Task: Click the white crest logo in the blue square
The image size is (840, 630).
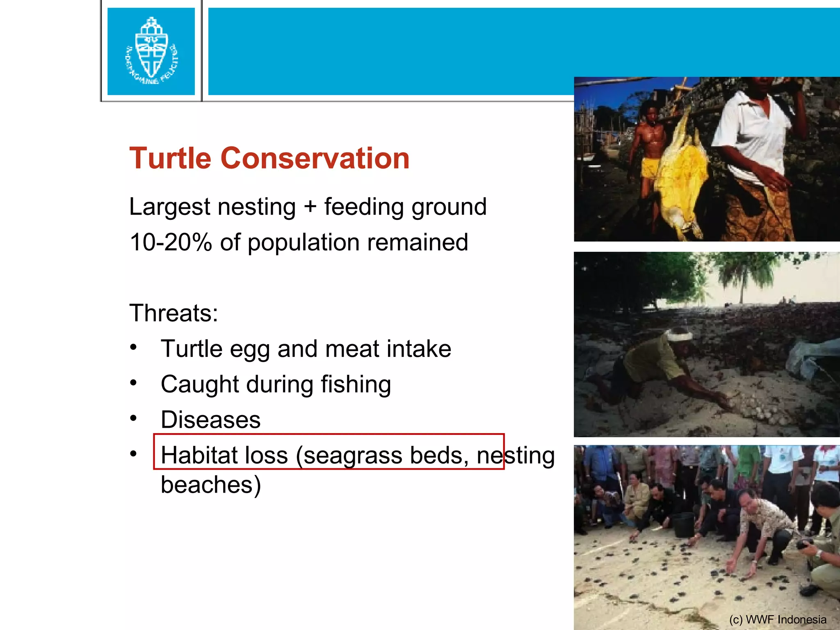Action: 151,51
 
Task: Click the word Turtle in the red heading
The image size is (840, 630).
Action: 170,158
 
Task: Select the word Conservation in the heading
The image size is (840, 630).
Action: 315,158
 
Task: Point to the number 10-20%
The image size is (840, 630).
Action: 170,242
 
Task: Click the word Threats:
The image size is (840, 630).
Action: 173,313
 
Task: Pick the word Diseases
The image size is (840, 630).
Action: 210,420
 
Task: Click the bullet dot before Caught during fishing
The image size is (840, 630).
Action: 133,383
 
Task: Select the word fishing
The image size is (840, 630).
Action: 356,385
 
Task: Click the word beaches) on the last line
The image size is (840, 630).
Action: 210,485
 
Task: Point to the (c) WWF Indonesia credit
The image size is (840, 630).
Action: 778,619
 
